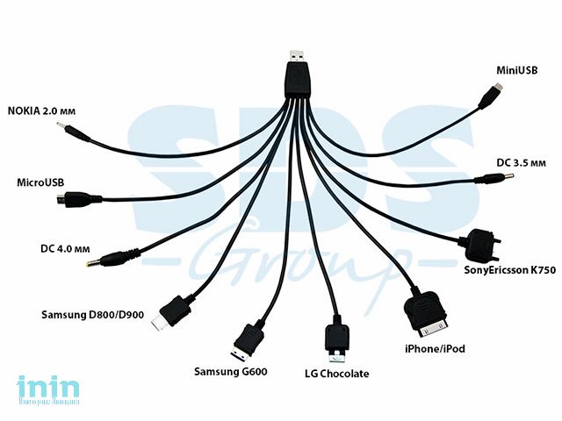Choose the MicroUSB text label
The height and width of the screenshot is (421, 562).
point(40,182)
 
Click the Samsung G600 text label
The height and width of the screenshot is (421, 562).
point(230,371)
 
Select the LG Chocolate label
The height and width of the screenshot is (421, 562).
point(335,375)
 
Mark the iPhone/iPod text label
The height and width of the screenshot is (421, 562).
point(435,349)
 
